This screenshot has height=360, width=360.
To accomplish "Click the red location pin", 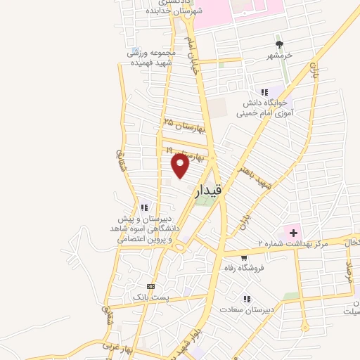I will point(181,165).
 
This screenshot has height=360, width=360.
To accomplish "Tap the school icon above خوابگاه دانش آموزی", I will point(264,92).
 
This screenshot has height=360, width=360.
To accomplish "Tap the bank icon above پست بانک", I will point(150,286).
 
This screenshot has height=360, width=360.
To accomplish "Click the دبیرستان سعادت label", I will point(245,309).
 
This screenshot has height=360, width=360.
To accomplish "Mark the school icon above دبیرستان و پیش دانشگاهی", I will point(143,207).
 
